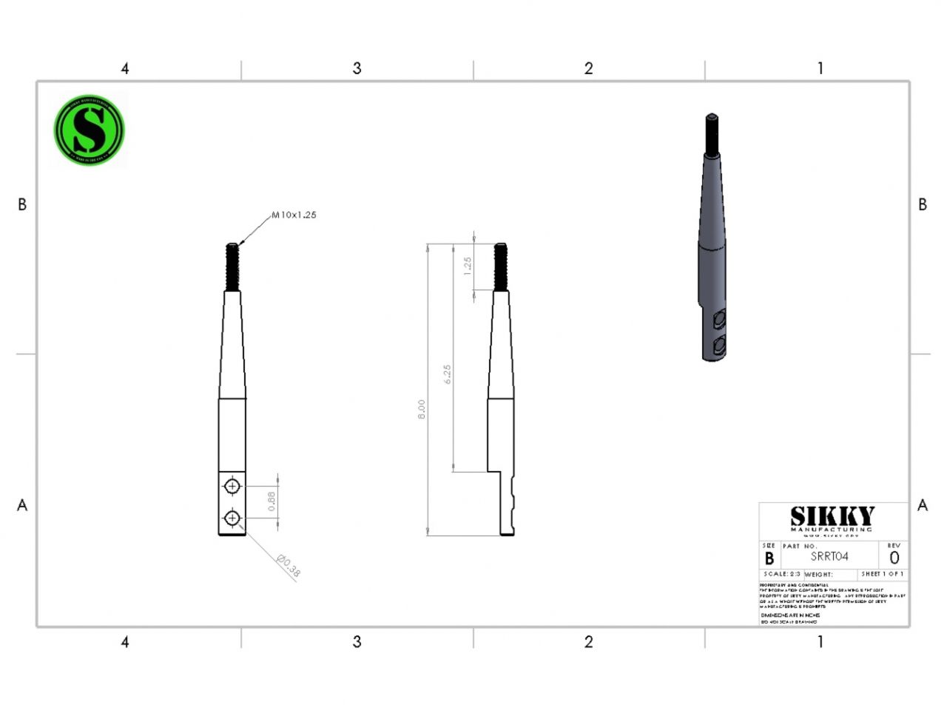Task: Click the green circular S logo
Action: point(89,130)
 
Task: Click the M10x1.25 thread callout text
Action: point(294,215)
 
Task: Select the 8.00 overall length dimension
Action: point(422,410)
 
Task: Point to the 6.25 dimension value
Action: point(447,374)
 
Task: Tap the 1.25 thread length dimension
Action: point(467,267)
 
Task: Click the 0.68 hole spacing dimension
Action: point(272,501)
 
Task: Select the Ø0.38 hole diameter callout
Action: point(289,567)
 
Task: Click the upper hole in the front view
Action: point(232,487)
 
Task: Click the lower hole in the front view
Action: point(232,518)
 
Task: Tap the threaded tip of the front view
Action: point(232,267)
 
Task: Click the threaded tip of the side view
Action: point(501,267)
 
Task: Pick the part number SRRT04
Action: point(829,557)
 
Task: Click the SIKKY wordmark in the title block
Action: point(832,516)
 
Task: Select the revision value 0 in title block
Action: point(894,558)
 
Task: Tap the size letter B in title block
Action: point(769,558)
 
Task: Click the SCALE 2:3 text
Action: point(781,574)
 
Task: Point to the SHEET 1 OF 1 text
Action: point(882,574)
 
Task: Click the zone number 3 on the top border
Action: point(357,68)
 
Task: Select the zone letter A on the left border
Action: point(22,505)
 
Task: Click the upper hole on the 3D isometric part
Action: point(718,320)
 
